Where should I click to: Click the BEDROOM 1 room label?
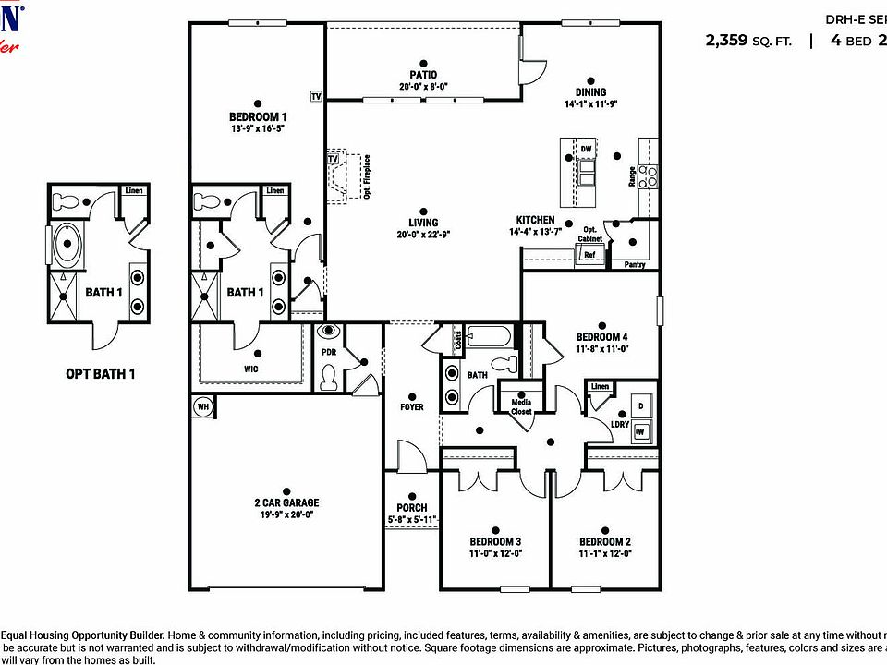[258, 117]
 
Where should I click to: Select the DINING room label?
[590, 91]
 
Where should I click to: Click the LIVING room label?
[423, 223]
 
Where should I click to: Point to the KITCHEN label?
[535, 220]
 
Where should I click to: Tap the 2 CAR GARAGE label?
[286, 503]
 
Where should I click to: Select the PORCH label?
[411, 507]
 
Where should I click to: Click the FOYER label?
[411, 406]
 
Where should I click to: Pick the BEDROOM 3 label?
[494, 541]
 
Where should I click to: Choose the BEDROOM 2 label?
[605, 541]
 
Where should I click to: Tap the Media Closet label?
[521, 405]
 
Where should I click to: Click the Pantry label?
[634, 265]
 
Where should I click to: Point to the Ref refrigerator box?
[589, 255]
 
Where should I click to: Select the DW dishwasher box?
[586, 149]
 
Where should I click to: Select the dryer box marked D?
[640, 405]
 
